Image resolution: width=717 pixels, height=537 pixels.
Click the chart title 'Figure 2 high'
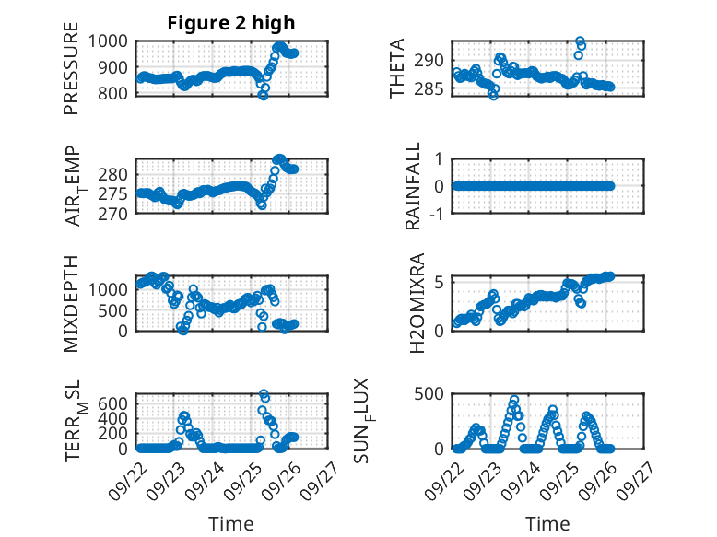231,23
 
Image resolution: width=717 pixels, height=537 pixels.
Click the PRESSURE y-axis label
71,73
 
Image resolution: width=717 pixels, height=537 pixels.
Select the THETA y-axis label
397,69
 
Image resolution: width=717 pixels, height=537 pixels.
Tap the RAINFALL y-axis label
414,186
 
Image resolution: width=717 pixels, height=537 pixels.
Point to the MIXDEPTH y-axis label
71,303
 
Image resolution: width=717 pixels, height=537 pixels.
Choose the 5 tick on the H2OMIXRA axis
441,282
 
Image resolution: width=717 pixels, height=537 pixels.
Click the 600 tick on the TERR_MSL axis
118,403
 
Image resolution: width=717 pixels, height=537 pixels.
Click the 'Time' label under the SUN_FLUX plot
547,523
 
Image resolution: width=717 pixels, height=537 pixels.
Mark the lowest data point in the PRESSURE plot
263,95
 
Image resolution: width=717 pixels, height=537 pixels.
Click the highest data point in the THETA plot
580,41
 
